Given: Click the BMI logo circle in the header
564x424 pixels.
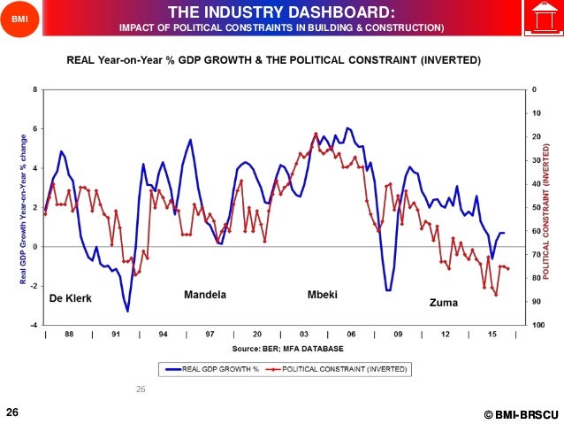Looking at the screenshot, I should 20,19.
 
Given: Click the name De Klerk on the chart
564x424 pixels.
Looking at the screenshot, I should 70,298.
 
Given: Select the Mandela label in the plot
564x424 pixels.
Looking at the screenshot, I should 205,294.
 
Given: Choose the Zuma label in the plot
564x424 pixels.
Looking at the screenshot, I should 443,302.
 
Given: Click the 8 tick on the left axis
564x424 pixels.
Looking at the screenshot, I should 34,90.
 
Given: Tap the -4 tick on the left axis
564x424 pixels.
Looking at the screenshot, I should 34,326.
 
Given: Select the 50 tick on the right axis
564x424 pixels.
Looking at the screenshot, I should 536,208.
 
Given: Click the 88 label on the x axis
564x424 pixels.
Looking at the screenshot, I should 69,335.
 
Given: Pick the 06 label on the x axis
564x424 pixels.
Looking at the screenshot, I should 352,335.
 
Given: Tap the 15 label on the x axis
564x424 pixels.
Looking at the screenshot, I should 492,335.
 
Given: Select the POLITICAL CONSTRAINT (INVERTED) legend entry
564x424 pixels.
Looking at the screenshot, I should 332,367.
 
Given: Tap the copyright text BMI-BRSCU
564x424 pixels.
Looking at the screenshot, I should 521,414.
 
